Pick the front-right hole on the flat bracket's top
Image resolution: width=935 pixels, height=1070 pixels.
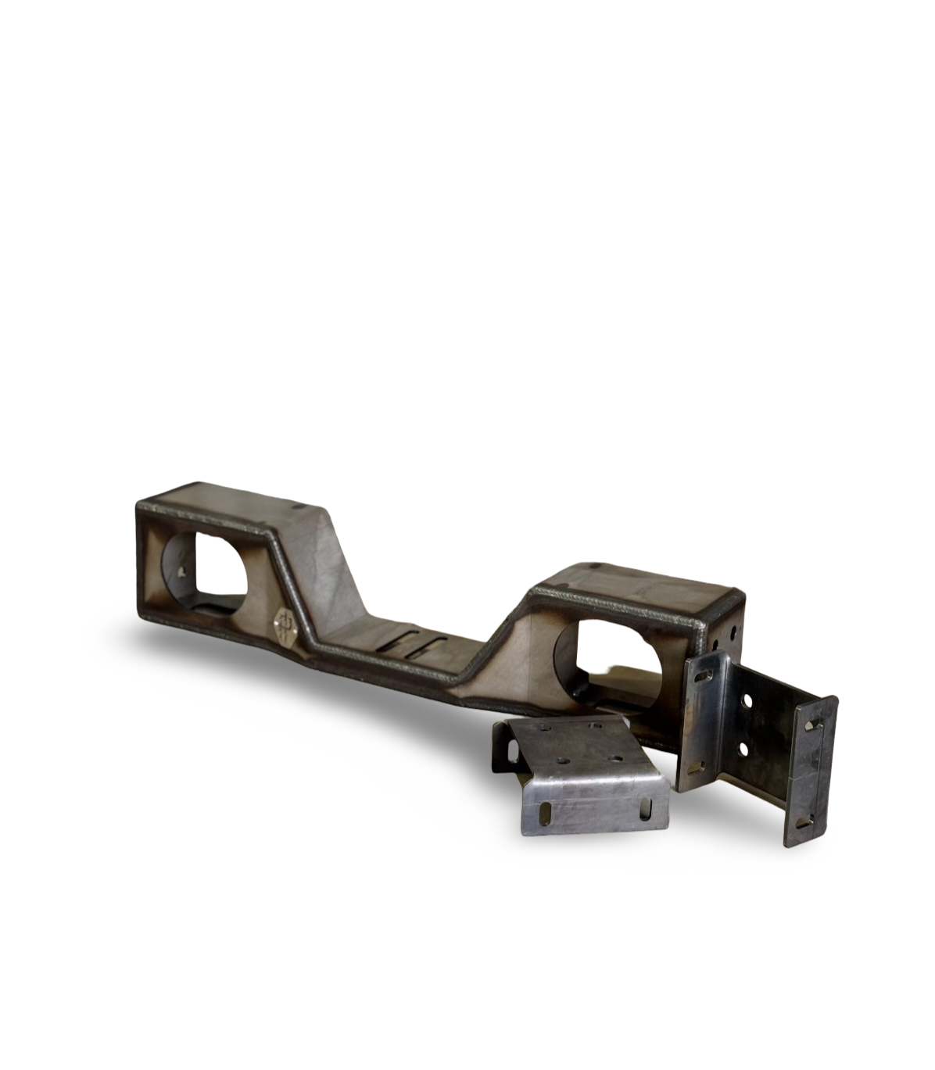pos(618,759)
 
